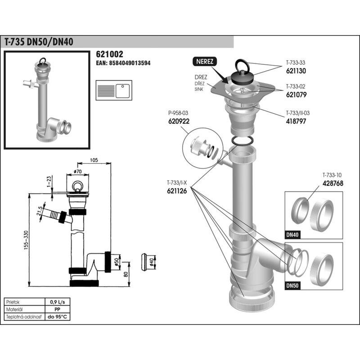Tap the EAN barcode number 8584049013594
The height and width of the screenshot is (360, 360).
(123, 63)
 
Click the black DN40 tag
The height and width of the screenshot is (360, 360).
(292, 234)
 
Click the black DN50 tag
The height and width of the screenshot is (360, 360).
(292, 285)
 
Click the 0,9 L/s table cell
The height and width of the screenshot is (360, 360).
(58, 302)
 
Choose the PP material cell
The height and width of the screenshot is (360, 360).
(58, 310)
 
